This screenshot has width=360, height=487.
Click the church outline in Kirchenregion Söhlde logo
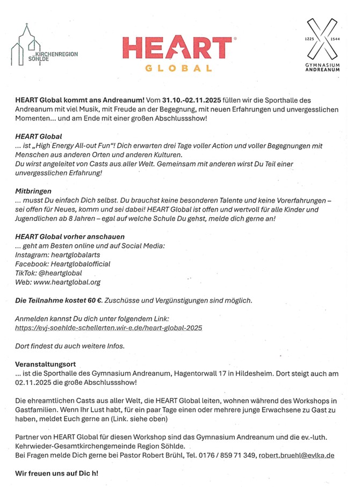[23, 43]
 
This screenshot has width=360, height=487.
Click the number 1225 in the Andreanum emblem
[308, 39]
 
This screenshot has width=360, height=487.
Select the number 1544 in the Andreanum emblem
[336, 39]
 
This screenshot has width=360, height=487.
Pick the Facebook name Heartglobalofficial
[81, 264]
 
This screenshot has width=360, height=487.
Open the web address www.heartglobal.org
[67, 282]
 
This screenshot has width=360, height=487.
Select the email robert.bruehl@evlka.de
[297, 455]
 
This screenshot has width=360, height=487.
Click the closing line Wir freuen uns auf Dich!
[56, 474]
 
